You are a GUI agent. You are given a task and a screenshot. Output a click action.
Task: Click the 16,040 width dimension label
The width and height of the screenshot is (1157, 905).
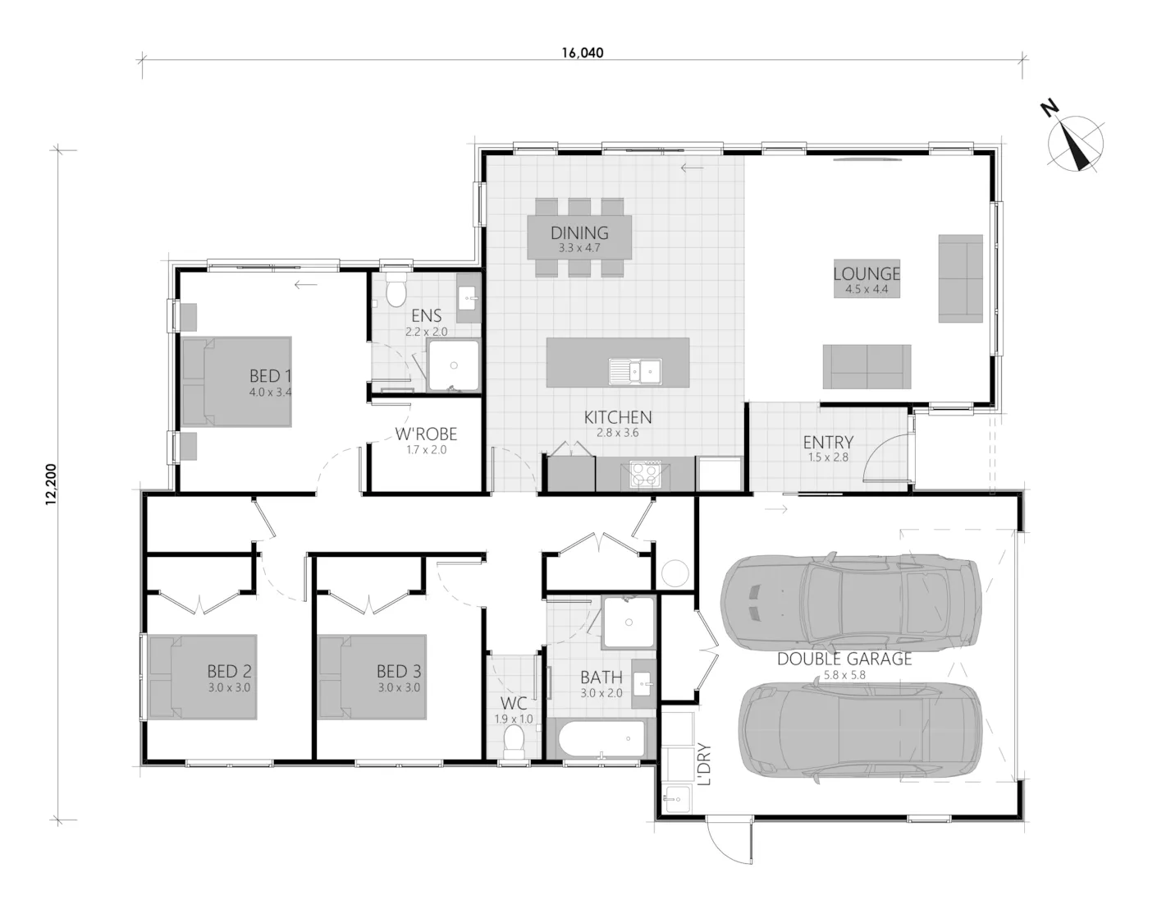click(x=583, y=53)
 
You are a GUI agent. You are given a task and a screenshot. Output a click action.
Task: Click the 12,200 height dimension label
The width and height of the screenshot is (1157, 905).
click(x=51, y=485)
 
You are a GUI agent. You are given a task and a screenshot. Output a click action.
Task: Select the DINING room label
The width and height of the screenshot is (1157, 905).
click(x=579, y=232)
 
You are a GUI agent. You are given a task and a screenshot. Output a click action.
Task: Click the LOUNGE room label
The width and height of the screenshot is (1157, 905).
click(x=867, y=273)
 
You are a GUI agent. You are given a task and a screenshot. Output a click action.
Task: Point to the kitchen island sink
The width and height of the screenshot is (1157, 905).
click(x=635, y=370)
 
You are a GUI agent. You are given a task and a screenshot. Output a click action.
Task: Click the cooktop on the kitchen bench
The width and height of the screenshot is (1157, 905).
click(x=645, y=475)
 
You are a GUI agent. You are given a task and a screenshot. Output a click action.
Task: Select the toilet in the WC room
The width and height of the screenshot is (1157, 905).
click(x=514, y=743)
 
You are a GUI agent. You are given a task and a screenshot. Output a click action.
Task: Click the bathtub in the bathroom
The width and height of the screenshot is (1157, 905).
click(x=602, y=739)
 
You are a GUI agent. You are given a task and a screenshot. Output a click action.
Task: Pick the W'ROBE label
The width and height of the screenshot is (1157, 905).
click(x=426, y=434)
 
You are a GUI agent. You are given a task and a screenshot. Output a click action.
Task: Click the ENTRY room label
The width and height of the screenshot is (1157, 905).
click(x=828, y=442)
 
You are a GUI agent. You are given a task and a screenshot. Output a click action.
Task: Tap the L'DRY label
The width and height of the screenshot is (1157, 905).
click(x=704, y=765)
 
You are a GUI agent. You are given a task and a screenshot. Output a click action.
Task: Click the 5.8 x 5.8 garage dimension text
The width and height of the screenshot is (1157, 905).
click(x=844, y=675)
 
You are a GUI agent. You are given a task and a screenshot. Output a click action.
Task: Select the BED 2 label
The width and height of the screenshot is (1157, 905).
click(x=230, y=671)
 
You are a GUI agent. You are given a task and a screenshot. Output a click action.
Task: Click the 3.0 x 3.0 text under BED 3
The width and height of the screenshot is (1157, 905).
click(x=399, y=687)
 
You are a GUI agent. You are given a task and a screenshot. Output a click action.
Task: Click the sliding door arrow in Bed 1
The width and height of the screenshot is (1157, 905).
click(x=305, y=285)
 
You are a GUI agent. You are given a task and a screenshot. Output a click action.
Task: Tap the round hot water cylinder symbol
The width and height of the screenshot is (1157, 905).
click(x=675, y=574)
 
